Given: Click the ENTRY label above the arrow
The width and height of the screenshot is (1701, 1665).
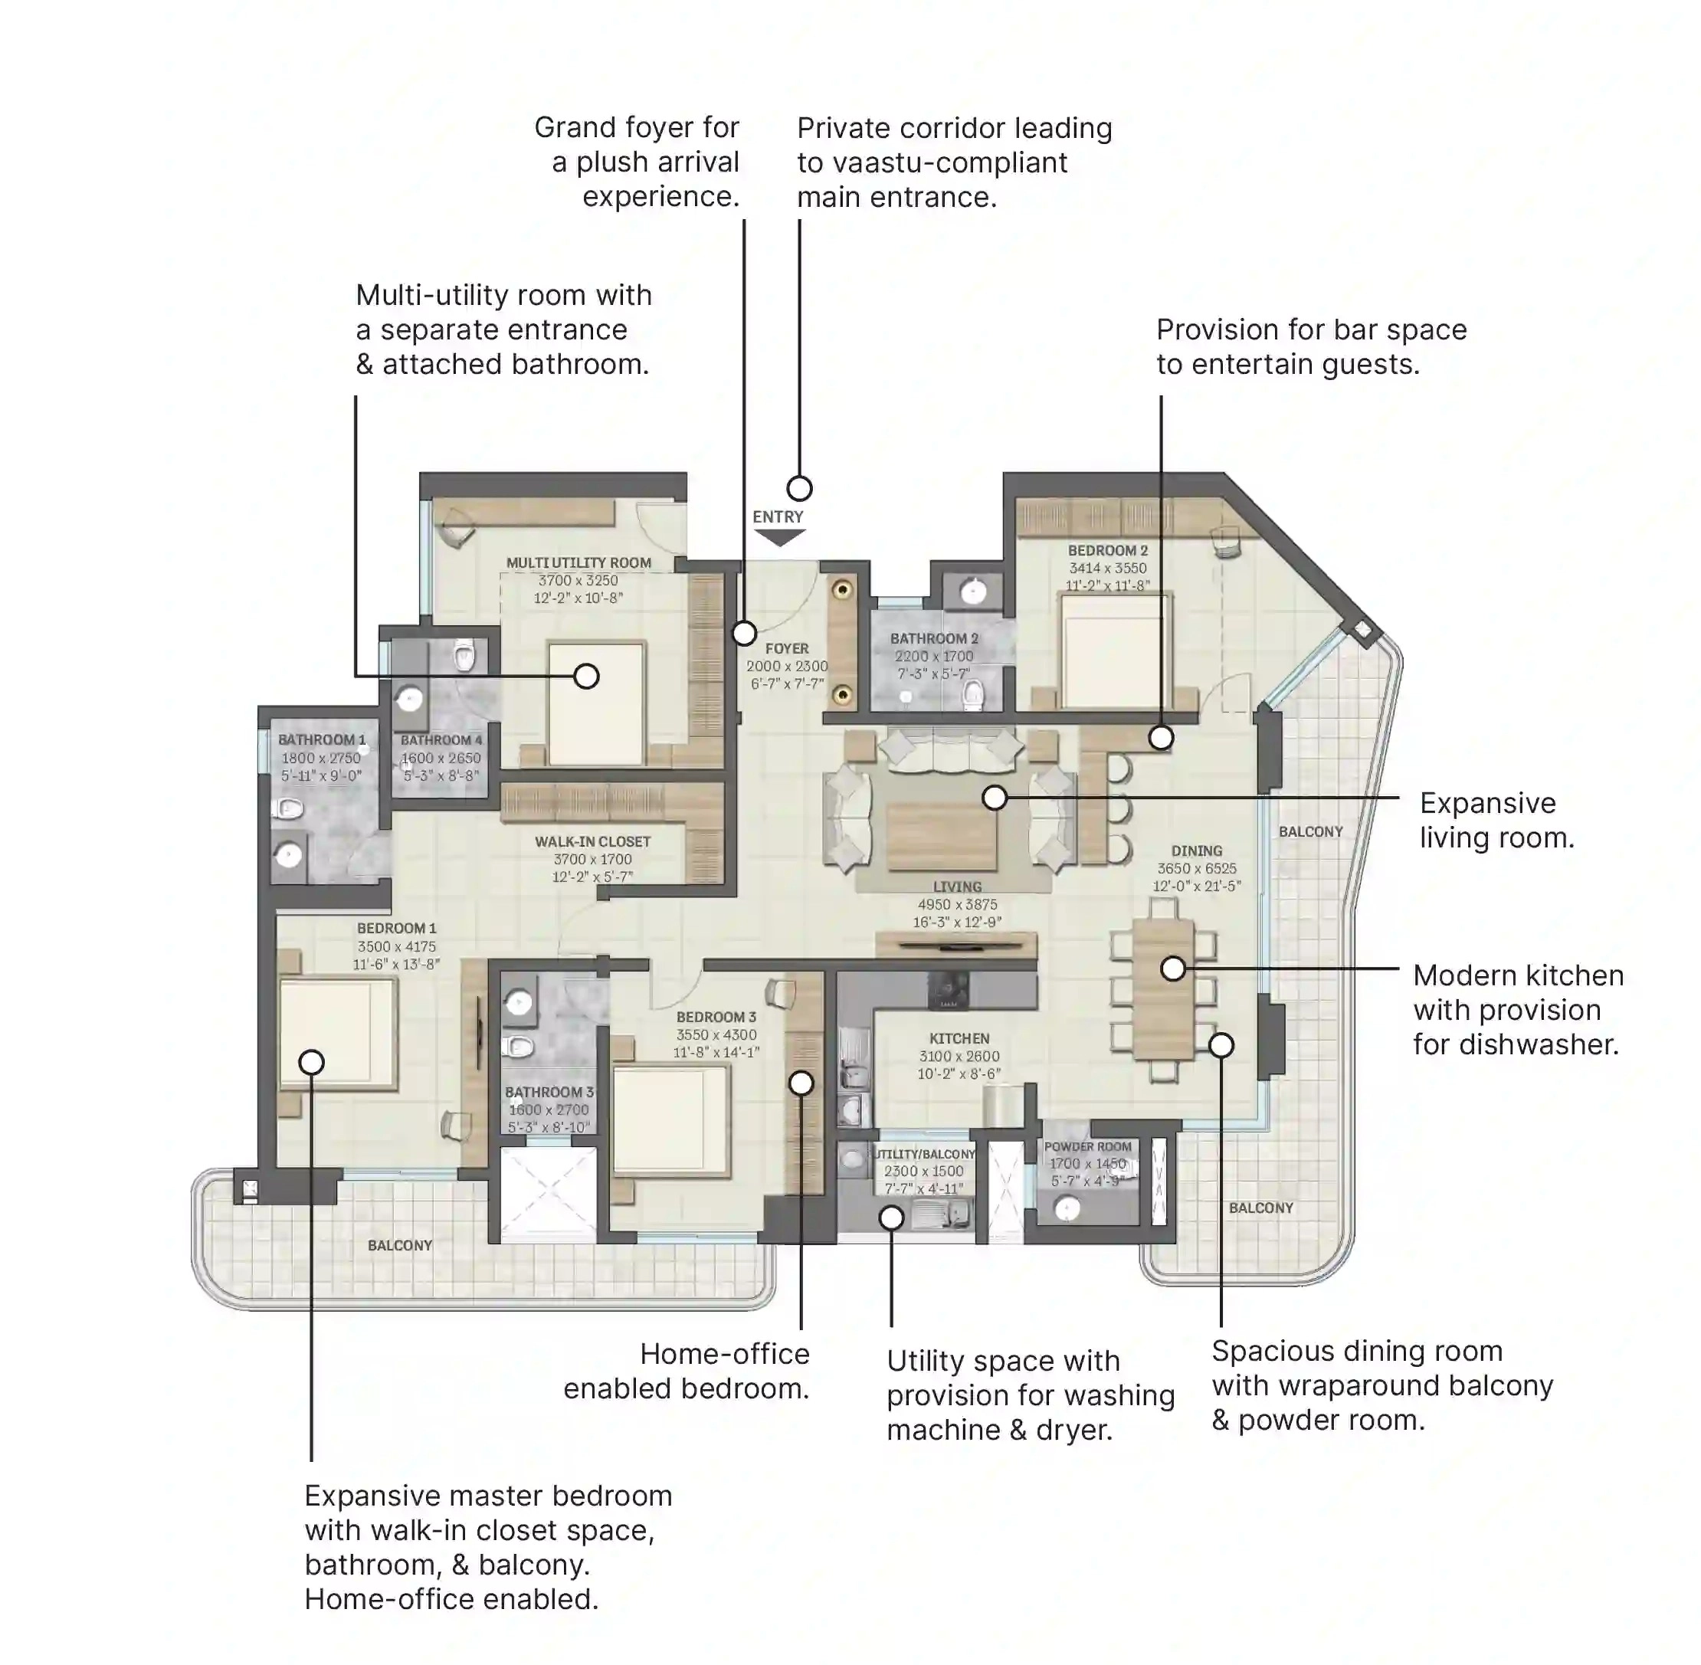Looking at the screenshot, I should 777,516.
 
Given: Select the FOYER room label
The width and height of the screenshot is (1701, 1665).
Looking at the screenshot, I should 786,649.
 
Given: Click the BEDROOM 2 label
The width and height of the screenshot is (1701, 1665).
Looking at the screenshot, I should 1106,551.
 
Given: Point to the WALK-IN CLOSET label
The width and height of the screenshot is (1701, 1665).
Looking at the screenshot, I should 592,841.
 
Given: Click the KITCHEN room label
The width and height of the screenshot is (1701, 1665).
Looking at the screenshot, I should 959,1039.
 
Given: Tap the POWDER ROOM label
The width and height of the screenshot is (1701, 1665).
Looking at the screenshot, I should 1087,1146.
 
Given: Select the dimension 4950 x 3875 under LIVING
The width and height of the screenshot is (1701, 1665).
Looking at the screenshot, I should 957,904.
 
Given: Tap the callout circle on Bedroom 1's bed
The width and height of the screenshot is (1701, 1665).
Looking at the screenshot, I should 311,1062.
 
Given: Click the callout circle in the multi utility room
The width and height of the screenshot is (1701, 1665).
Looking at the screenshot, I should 586,676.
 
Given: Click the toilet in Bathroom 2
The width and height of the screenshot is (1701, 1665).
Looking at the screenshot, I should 972,695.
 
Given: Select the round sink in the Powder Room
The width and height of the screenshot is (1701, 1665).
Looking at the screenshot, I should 1067,1209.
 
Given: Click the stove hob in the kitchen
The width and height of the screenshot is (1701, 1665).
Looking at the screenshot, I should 948,989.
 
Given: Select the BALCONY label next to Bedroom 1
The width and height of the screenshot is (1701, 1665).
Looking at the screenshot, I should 400,1245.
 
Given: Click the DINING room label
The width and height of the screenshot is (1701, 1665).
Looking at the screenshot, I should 1195,851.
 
